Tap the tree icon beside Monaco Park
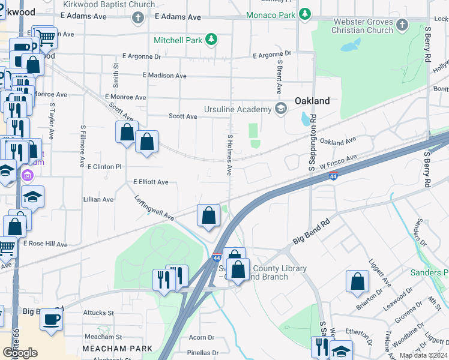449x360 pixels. (305, 13)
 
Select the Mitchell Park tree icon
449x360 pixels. (211, 40)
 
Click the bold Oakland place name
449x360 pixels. (312, 101)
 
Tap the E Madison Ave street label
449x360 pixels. (164, 76)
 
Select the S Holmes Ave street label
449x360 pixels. (229, 155)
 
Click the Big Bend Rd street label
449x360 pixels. (312, 234)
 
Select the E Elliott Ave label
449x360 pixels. (151, 182)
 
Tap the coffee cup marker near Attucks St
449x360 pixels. (52, 318)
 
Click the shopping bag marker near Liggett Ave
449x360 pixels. (358, 281)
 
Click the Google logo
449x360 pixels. (20, 353)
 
